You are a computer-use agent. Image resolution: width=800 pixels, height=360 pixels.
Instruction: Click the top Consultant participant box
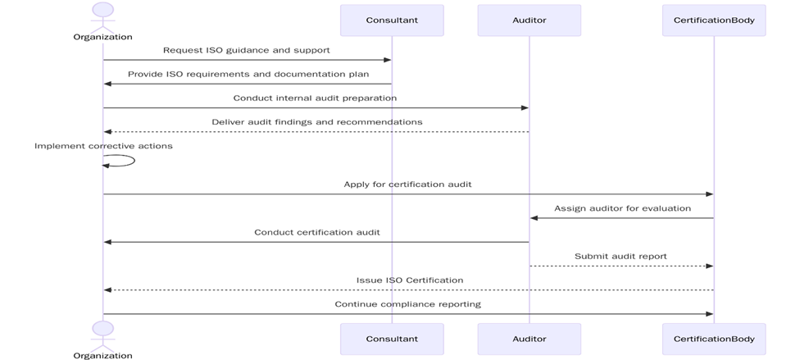tap(392, 21)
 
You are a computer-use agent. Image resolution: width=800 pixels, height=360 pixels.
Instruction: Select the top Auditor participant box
tap(529, 21)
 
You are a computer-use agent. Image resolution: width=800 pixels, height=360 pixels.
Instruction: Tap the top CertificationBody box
tap(713, 21)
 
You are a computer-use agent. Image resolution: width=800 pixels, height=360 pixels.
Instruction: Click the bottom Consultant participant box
tap(392, 339)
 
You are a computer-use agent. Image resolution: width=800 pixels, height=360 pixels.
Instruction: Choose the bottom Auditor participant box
tap(529, 339)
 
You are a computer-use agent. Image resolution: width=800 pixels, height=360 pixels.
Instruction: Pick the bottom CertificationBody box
tap(713, 339)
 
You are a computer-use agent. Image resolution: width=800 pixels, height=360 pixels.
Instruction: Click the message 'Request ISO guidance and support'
tap(247, 50)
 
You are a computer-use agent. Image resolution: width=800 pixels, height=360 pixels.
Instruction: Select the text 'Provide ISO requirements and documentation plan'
tap(248, 74)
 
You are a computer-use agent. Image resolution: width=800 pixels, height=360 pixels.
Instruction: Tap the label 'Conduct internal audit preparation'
tap(315, 98)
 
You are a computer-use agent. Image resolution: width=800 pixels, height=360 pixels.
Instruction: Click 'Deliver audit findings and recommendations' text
tap(317, 122)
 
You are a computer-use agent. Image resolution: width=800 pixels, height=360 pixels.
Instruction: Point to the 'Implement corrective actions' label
tap(103, 146)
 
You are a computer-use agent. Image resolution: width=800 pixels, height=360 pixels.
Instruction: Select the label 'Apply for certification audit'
tap(407, 185)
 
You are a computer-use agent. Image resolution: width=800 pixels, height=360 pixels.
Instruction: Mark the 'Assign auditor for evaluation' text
tap(622, 208)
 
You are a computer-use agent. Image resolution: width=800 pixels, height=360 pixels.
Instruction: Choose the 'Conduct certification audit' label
tap(316, 232)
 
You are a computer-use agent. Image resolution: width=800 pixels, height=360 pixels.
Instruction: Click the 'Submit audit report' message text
tap(620, 256)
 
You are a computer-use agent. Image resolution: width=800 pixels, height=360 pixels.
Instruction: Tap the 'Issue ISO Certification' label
tap(410, 280)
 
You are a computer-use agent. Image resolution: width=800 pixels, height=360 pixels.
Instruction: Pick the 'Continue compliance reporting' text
tap(407, 304)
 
